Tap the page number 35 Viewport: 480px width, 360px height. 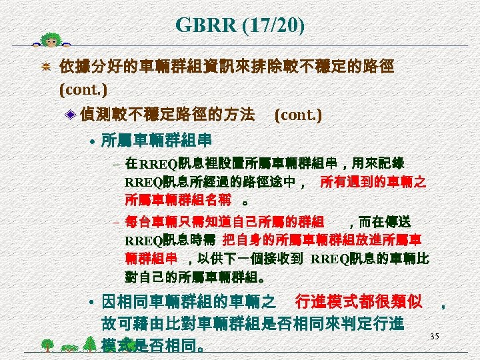click(434, 335)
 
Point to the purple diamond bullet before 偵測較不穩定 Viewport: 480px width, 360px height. click(71, 115)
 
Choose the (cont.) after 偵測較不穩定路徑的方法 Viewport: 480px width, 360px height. click(298, 115)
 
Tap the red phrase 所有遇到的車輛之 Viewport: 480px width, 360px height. click(373, 181)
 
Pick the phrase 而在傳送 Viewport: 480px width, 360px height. click(385, 221)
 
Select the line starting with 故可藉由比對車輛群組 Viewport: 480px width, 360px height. click(251, 325)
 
